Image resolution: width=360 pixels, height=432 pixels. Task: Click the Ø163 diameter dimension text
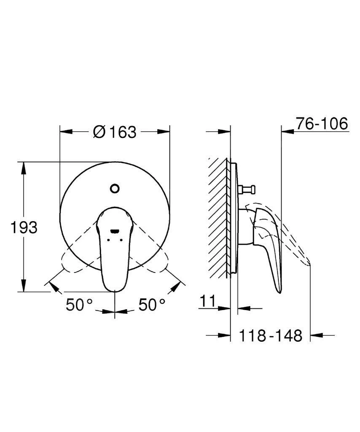tap(115, 132)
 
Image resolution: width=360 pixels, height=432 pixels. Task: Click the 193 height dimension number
tap(24, 227)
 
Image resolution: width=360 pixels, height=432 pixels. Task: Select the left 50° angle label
tap(79, 305)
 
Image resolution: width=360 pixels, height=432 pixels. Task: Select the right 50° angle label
tap(152, 305)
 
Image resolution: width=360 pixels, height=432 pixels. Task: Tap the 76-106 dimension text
tap(322, 124)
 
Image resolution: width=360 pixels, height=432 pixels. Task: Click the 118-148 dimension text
tap(271, 336)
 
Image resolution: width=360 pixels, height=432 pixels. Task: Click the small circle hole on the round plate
tap(114, 188)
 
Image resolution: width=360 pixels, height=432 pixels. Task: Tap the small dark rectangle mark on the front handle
tap(114, 231)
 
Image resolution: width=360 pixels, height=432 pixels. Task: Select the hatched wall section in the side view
tap(219, 217)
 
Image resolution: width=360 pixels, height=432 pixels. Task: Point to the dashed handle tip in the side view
tap(307, 262)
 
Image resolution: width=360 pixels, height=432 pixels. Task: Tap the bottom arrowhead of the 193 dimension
tap(24, 287)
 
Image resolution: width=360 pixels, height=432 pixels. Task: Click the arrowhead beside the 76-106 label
tap(287, 132)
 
